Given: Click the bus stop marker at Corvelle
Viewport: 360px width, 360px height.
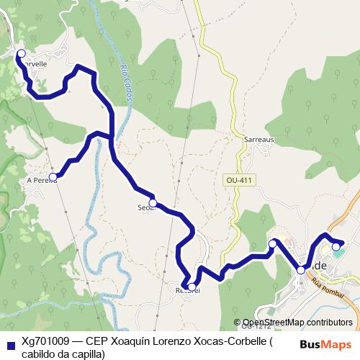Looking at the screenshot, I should (21, 53).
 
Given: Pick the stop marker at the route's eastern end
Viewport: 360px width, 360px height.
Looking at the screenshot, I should (336, 247).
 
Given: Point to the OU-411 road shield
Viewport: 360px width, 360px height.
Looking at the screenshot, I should (237, 179).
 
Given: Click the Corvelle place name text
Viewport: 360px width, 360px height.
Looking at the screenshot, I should (34, 63).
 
